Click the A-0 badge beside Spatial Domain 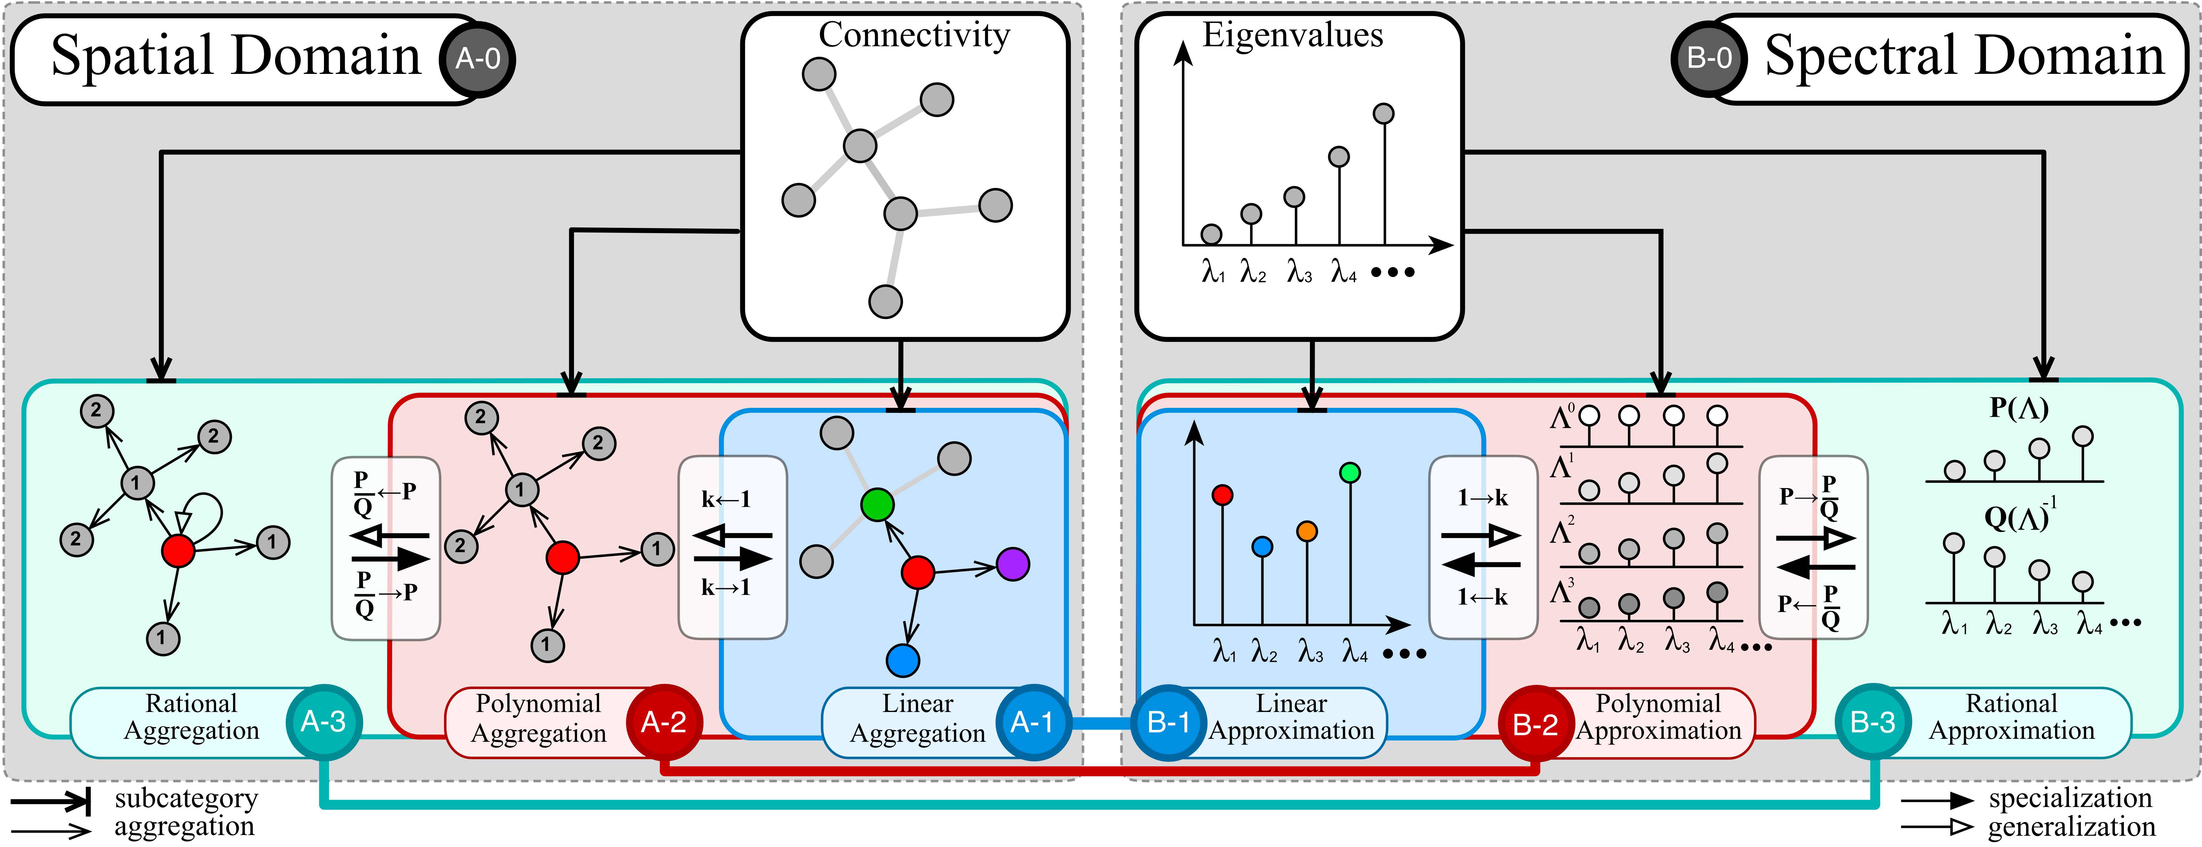(x=477, y=59)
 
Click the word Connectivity (x=914, y=35)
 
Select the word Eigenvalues (x=1292, y=35)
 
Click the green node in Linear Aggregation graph (x=877, y=504)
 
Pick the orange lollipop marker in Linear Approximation (x=1306, y=531)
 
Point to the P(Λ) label (x=2018, y=408)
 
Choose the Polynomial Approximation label (x=1658, y=717)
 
